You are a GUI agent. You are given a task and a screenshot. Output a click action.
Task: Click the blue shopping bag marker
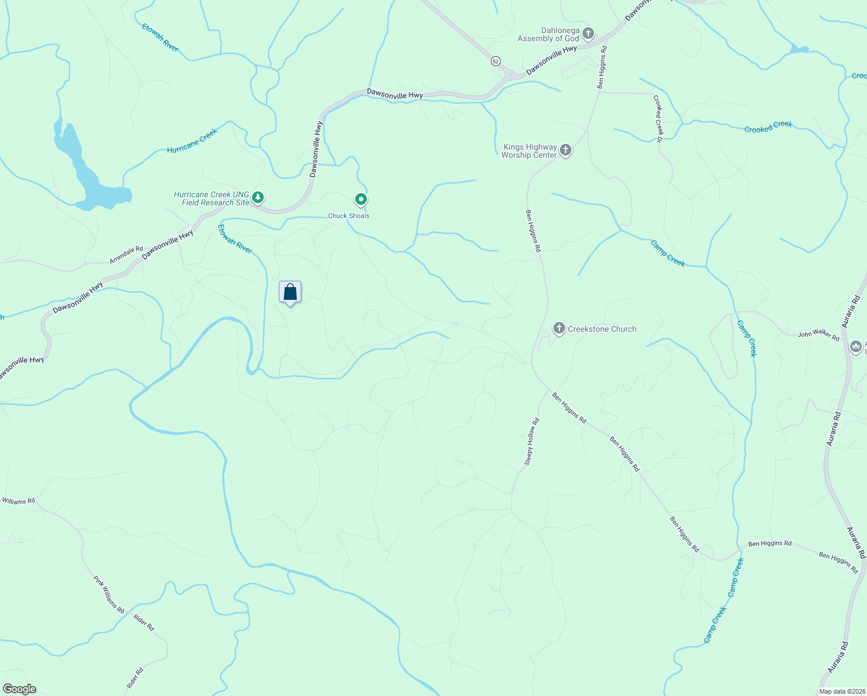[290, 292]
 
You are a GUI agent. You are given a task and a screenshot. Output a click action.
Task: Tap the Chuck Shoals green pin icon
[361, 200]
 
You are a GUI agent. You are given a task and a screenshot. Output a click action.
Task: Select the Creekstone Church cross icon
[559, 329]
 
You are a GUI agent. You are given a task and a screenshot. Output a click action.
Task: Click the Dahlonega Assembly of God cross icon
[588, 34]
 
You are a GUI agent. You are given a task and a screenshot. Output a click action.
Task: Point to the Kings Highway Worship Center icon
[566, 151]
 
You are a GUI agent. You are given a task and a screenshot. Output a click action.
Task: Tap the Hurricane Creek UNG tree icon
[258, 198]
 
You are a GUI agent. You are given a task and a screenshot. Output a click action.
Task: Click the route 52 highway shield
[495, 61]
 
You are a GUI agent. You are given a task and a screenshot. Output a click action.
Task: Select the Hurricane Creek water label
[192, 141]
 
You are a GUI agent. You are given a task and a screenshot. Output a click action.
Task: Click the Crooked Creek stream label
[768, 127]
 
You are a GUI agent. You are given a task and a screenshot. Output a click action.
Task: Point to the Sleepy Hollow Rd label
[531, 441]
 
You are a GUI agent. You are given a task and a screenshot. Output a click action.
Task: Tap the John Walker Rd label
[818, 335]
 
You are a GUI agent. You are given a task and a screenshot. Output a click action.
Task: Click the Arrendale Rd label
[126, 255]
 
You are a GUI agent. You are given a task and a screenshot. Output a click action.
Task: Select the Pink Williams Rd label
[108, 594]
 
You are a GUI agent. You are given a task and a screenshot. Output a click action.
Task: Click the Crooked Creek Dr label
[658, 116]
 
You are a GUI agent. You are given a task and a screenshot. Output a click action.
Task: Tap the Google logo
[19, 689]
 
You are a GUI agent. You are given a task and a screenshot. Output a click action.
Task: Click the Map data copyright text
[842, 691]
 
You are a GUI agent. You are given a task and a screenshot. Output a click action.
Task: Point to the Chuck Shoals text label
[349, 216]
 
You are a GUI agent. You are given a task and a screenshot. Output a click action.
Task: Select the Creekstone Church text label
[602, 329]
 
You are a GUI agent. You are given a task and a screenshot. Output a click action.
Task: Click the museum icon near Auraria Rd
[856, 347]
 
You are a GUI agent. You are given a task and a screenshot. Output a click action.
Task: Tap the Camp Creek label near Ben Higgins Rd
[735, 577]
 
